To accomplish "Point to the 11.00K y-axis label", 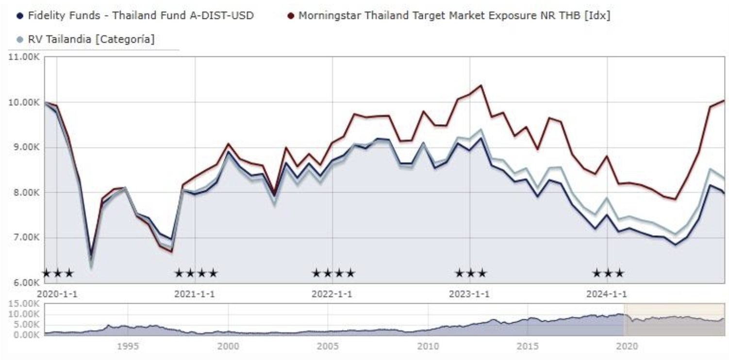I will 23,57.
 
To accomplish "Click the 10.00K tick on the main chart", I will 23,102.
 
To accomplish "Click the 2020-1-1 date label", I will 57,294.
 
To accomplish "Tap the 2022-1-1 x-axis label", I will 332,294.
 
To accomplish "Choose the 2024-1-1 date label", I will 607,294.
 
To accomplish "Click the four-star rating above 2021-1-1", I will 196,273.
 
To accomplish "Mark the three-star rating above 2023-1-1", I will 470,273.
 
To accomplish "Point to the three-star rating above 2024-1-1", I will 608,273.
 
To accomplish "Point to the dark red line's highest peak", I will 480,85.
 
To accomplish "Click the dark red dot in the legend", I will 291,16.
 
